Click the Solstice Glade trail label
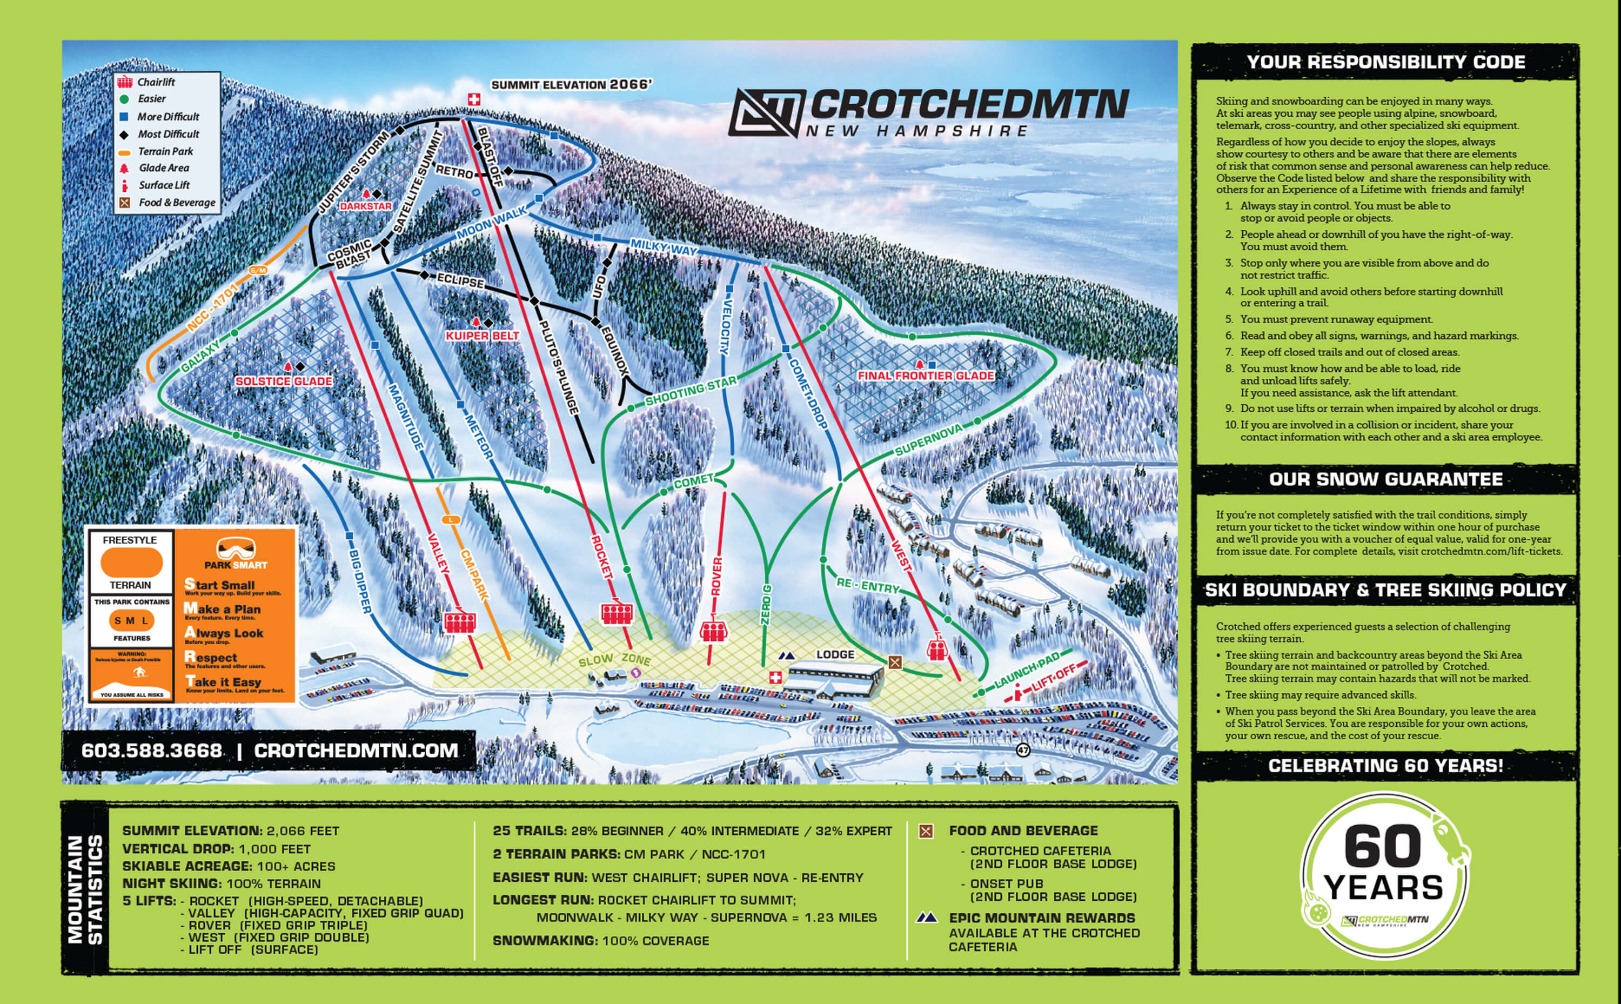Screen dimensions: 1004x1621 [x=284, y=381]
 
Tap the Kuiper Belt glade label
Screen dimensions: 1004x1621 [x=482, y=336]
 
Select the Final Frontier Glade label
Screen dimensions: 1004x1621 [x=926, y=376]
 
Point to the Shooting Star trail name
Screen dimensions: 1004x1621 [x=691, y=391]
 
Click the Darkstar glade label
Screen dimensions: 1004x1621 [x=366, y=206]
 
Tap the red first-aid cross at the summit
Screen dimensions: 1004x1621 [x=474, y=99]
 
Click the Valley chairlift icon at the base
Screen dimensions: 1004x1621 [x=459, y=621]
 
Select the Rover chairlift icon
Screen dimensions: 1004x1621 [x=714, y=630]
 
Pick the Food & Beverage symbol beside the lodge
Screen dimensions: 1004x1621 [x=895, y=662]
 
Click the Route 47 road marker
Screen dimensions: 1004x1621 [x=1023, y=749]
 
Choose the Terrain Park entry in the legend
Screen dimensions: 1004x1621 [x=165, y=151]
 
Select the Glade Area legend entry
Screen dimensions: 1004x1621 [x=164, y=168]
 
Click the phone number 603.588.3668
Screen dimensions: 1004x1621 [x=151, y=751]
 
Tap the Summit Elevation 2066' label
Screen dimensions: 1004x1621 [x=571, y=84]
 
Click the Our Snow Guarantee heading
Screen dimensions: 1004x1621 [x=1385, y=479]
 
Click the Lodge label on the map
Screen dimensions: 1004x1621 [x=835, y=655]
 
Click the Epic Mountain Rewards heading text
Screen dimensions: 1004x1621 [x=1042, y=918]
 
